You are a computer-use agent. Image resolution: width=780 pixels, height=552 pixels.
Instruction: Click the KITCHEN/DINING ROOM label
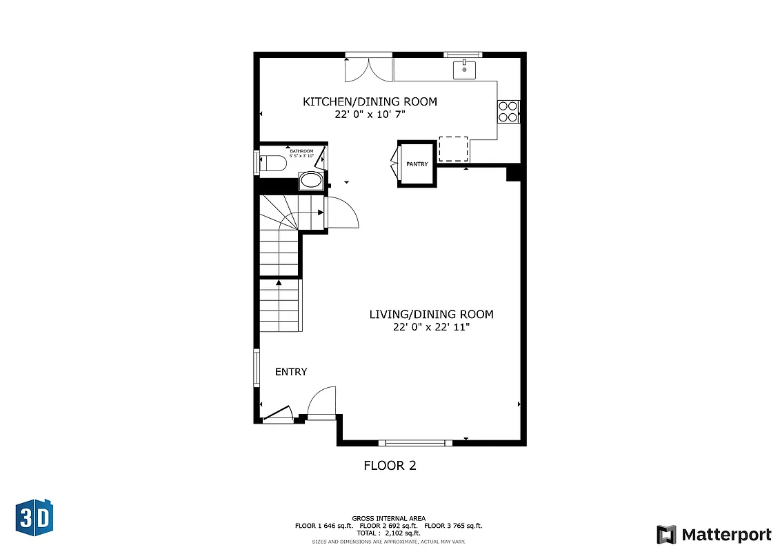tap(370, 102)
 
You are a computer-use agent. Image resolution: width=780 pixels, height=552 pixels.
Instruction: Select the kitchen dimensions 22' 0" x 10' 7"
tap(370, 115)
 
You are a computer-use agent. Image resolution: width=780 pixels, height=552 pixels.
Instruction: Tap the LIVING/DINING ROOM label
tap(431, 315)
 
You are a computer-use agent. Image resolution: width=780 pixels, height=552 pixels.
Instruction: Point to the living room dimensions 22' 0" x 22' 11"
tap(431, 327)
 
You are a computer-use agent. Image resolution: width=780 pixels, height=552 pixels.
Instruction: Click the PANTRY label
tap(417, 164)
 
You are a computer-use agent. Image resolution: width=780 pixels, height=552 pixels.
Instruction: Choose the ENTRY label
tap(291, 372)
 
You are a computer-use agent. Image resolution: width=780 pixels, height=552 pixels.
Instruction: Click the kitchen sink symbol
tap(464, 69)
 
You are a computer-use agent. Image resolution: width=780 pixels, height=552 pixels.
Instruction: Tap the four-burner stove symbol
tap(508, 112)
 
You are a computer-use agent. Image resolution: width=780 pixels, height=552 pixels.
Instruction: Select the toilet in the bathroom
tap(272, 164)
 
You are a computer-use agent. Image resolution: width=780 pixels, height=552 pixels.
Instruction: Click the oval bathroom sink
tap(310, 181)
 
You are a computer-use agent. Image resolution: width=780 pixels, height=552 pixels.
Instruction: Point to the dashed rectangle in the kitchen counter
tap(453, 148)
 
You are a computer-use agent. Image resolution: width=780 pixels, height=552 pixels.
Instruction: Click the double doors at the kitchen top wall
tap(369, 68)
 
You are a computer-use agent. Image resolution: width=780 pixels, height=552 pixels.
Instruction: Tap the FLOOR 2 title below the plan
tap(390, 466)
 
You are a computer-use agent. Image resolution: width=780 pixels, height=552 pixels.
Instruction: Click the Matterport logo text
tap(726, 535)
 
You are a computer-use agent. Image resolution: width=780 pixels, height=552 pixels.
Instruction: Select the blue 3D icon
tap(34, 515)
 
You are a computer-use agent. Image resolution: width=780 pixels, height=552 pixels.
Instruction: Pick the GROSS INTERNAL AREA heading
tap(388, 518)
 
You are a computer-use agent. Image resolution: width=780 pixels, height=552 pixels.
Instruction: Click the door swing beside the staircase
tap(341, 213)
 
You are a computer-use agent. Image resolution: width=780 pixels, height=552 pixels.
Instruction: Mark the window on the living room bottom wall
tap(415, 442)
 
